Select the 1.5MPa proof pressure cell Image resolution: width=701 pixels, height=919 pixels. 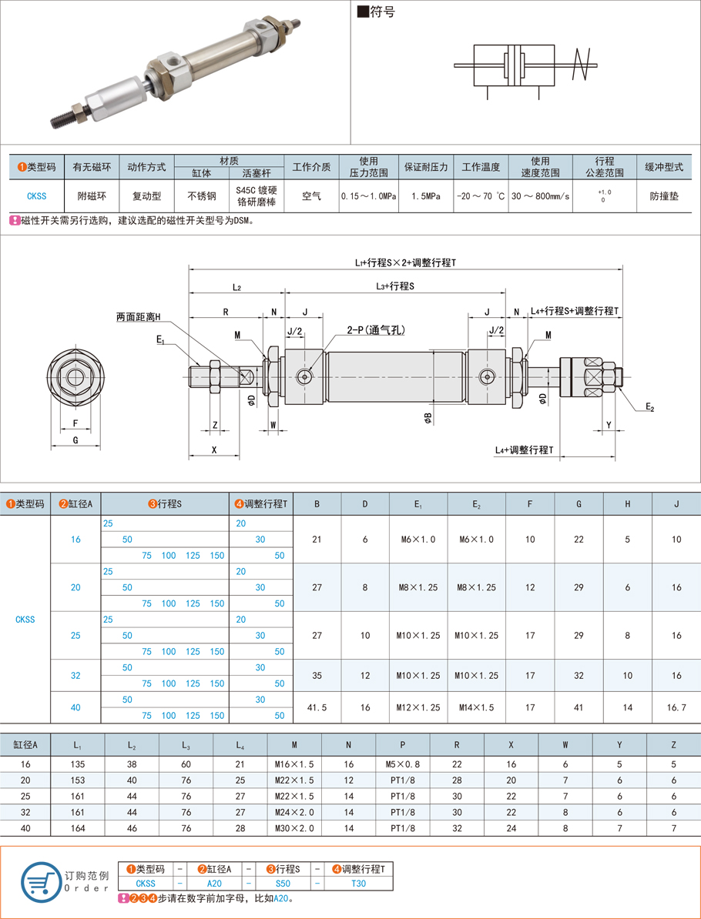click(x=426, y=196)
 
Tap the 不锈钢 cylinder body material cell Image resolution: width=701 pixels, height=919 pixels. click(x=202, y=196)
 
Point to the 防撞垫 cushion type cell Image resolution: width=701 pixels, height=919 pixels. click(x=663, y=196)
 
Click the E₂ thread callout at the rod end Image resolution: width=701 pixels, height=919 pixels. click(x=649, y=407)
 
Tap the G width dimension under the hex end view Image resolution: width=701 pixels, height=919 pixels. click(x=75, y=440)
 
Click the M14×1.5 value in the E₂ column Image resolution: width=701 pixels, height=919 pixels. click(x=476, y=707)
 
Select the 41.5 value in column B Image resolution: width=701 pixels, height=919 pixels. click(x=317, y=707)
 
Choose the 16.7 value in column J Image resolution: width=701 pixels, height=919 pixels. click(x=676, y=707)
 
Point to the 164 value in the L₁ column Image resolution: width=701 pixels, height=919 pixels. click(x=77, y=828)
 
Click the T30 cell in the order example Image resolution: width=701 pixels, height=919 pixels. click(x=358, y=884)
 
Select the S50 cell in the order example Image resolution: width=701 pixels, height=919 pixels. click(x=283, y=884)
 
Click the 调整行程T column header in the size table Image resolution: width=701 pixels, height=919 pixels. click(x=262, y=504)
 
